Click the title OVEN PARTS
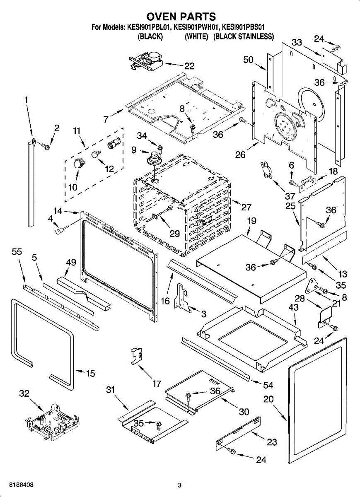(181, 16)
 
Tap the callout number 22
(189, 65)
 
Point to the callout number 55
(17, 251)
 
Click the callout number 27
(246, 207)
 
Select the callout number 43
(293, 308)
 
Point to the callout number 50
(248, 60)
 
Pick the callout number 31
(110, 390)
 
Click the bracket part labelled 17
(136, 355)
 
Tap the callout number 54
(268, 385)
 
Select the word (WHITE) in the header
(196, 36)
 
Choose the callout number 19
(252, 222)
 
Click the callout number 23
(272, 442)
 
